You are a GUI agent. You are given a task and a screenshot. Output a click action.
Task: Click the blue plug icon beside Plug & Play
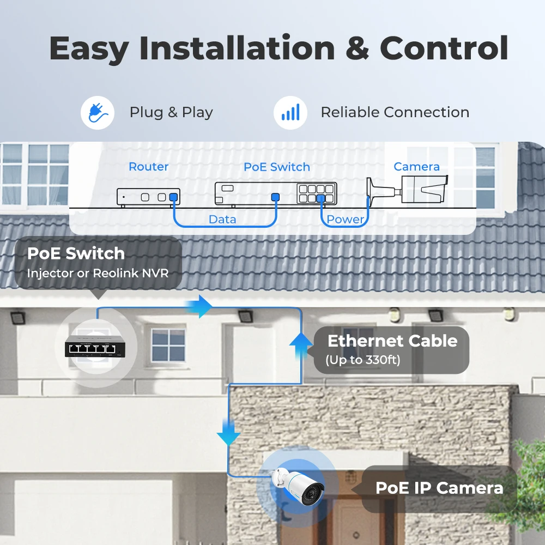click(98, 113)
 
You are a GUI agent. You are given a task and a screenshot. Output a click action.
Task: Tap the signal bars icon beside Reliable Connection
click(290, 113)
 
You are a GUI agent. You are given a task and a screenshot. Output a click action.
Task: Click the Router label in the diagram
click(148, 167)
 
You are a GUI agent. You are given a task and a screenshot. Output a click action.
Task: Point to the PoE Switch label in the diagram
click(277, 167)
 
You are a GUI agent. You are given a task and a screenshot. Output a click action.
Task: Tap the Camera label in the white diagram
click(416, 167)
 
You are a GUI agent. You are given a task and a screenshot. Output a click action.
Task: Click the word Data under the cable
click(222, 219)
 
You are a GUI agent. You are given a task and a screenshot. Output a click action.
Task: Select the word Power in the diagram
click(346, 219)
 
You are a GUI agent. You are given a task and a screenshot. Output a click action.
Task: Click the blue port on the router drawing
click(173, 197)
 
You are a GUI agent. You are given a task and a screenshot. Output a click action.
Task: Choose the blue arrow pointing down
click(228, 433)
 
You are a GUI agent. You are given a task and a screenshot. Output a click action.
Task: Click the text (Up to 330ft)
click(362, 360)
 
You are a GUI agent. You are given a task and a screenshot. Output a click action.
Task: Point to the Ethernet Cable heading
click(392, 341)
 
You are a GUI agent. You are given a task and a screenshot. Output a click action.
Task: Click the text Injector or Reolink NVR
click(98, 273)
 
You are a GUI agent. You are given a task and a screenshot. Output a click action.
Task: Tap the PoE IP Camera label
click(439, 488)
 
